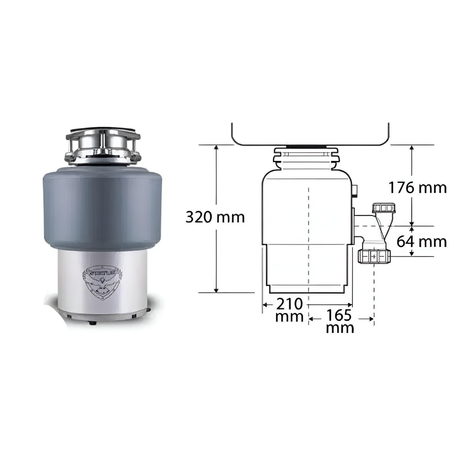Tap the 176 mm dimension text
click(418, 188)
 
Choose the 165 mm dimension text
click(340, 321)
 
